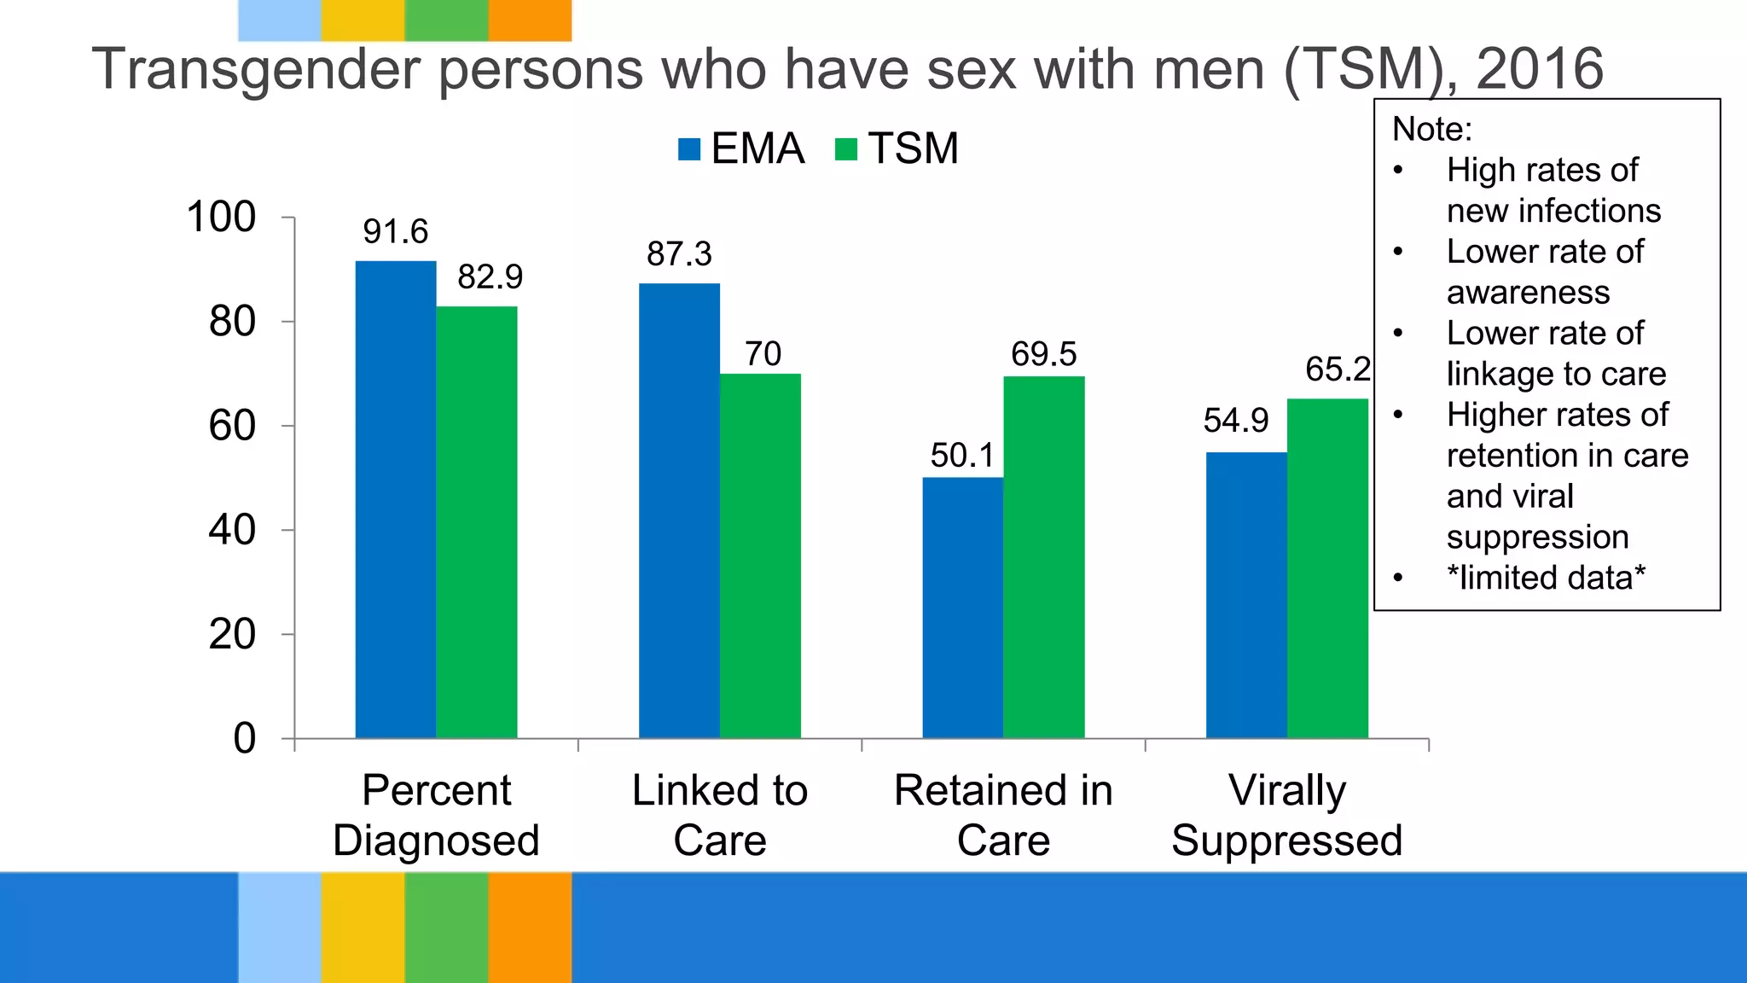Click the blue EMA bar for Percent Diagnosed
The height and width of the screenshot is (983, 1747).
click(x=395, y=499)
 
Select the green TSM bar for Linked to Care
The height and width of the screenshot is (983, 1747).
click(x=760, y=555)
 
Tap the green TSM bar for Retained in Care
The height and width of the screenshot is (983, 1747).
click(x=1043, y=556)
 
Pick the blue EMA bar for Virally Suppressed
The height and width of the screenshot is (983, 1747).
click(x=1246, y=595)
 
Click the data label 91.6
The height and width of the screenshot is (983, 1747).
click(x=395, y=231)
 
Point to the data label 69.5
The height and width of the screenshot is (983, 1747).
click(x=1043, y=354)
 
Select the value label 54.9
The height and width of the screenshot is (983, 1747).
click(x=1235, y=421)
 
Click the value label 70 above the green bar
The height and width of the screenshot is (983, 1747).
click(x=763, y=354)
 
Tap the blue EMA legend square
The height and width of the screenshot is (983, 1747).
click(x=688, y=149)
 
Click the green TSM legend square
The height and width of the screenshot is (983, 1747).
click(x=845, y=149)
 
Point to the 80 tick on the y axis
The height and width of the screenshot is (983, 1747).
click(x=231, y=323)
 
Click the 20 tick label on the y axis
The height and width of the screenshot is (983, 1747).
click(x=231, y=635)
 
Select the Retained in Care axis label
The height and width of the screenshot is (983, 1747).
click(x=1003, y=815)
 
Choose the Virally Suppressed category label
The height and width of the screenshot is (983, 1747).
click(x=1286, y=815)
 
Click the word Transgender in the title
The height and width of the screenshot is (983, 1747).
click(x=256, y=70)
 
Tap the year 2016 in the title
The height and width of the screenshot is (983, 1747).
click(x=1540, y=70)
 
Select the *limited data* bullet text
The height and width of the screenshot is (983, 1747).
click(x=1545, y=578)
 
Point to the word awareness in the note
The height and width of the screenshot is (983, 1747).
click(x=1528, y=293)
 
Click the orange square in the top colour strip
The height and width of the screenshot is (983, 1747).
click(x=530, y=20)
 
